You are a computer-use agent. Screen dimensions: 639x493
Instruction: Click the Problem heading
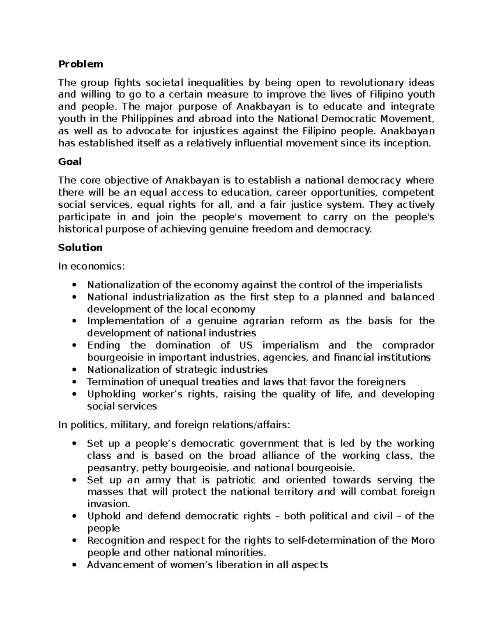(81, 64)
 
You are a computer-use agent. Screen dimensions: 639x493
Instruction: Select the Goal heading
(70, 162)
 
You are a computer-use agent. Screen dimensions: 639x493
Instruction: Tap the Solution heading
(80, 248)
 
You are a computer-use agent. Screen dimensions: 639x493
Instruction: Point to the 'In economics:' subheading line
(91, 266)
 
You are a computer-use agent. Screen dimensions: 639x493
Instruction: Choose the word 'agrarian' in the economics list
(263, 321)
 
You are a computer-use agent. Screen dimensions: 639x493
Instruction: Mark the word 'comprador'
(408, 345)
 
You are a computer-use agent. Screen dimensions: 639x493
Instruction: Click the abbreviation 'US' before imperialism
(246, 345)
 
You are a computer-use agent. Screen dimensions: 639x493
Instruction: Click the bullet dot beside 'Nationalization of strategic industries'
(74, 370)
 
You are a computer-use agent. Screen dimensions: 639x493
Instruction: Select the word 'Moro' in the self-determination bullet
(423, 541)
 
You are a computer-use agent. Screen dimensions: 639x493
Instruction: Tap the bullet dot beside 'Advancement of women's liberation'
(74, 565)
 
